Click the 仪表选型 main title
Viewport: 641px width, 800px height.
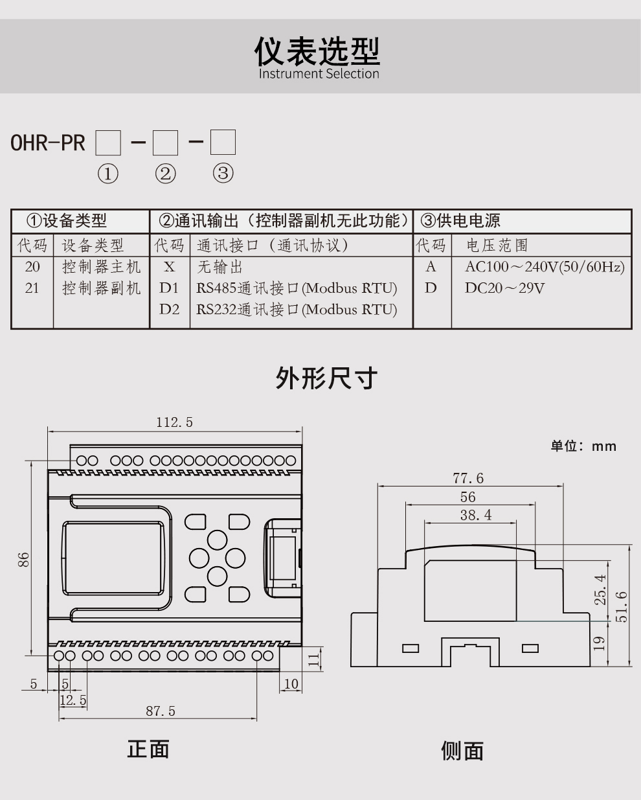317,51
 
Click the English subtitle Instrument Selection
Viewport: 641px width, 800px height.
319,74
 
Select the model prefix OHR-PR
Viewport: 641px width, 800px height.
48,143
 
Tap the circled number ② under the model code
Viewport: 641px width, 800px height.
165,174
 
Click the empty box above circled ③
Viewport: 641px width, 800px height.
223,143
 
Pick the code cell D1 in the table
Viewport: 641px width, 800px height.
169,288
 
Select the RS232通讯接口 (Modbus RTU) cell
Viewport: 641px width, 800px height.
297,310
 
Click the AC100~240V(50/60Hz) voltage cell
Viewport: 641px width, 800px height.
544,267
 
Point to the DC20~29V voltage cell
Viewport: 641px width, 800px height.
504,288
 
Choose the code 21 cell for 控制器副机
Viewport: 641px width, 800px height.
32,288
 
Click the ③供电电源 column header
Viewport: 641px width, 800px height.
460,221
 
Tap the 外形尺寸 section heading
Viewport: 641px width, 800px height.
326,378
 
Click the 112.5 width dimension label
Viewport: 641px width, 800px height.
174,422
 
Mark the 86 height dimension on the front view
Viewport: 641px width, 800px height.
24,559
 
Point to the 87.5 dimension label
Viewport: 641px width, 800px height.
160,711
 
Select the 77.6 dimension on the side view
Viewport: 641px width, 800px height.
468,478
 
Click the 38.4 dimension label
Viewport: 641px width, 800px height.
476,515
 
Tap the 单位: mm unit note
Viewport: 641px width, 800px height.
583,446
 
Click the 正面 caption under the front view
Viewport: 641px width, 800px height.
148,749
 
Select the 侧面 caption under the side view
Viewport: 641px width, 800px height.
462,751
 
